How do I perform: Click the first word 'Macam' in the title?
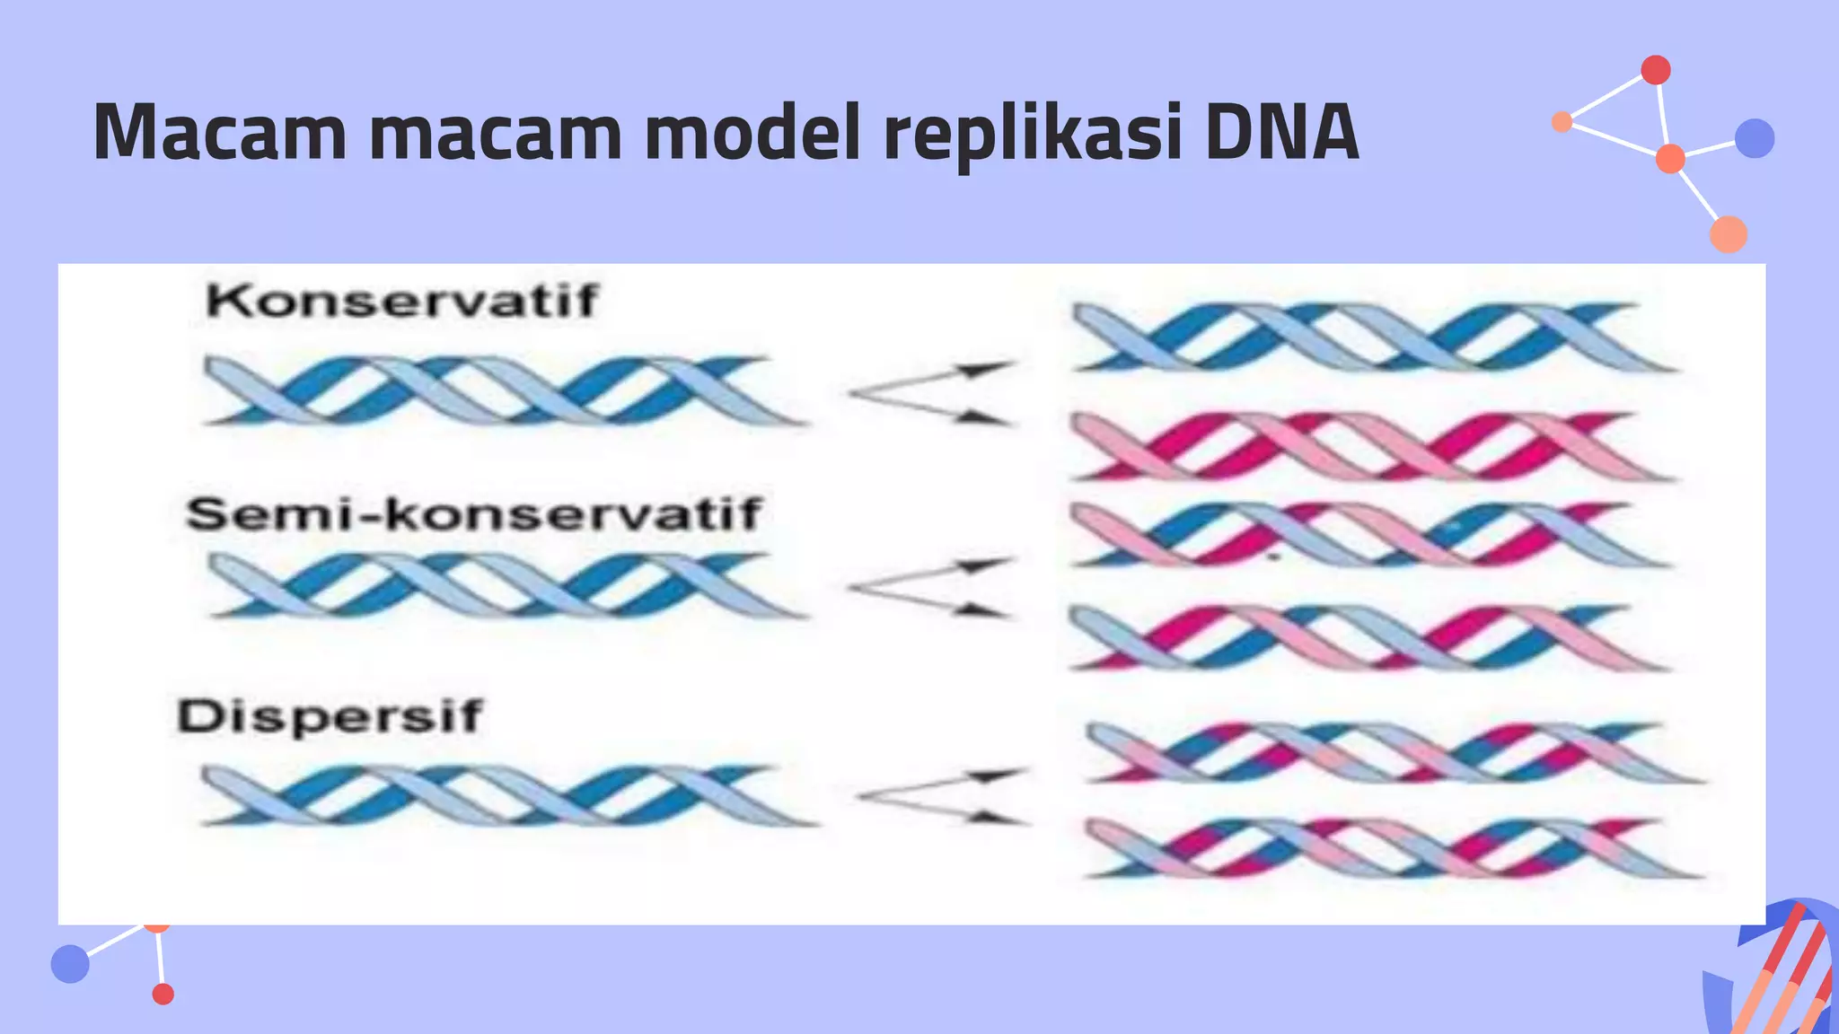pos(219,133)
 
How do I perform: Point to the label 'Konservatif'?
pos(401,301)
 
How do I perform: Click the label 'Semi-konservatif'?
pos(473,514)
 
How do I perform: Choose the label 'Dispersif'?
pos(330,717)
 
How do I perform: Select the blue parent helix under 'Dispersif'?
pos(507,795)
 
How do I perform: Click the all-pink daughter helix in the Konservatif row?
pos(1374,446)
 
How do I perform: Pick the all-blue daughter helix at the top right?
pos(1374,337)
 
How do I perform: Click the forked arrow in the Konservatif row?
pos(932,392)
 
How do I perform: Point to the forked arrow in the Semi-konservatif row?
pos(930,588)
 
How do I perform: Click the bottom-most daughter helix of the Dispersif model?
pos(1392,848)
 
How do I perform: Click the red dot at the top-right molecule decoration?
pos(1656,69)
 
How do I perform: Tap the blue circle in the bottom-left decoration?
pos(70,963)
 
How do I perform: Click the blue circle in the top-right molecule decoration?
pos(1755,138)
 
